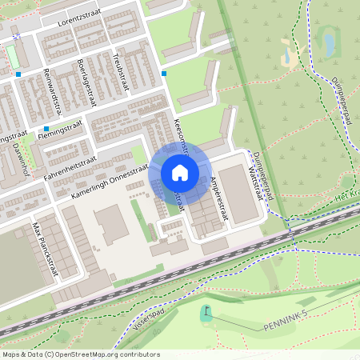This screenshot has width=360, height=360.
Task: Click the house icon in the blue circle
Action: click(x=180, y=173)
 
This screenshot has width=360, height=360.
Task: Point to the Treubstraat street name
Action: click(x=120, y=70)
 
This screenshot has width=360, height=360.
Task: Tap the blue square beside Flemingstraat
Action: click(x=46, y=129)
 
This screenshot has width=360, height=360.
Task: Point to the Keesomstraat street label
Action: click(x=181, y=136)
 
